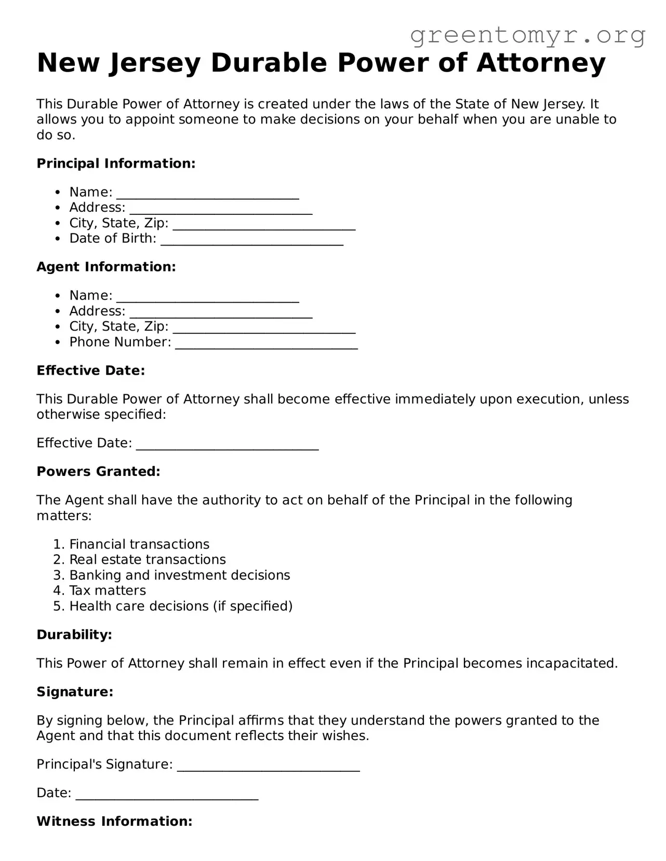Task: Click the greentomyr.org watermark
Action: pyautogui.click(x=527, y=35)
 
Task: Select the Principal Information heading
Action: pyautogui.click(x=116, y=163)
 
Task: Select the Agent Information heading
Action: pyautogui.click(x=106, y=267)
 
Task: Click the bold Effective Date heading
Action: pyautogui.click(x=90, y=371)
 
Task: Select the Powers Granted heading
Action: pyautogui.click(x=98, y=471)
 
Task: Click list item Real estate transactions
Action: pyautogui.click(x=148, y=559)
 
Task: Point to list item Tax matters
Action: pyautogui.click(x=108, y=591)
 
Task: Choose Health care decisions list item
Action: pyautogui.click(x=181, y=606)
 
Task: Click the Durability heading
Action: pyautogui.click(x=74, y=635)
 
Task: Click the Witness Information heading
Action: pyautogui.click(x=114, y=822)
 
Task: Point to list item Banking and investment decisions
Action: pyautogui.click(x=179, y=575)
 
